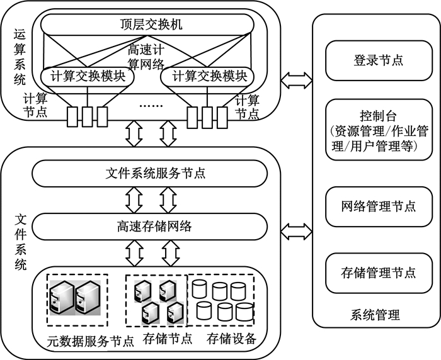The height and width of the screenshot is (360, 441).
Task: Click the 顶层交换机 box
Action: pyautogui.click(x=147, y=25)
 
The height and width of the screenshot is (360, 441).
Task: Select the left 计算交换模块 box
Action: pyautogui.click(x=88, y=76)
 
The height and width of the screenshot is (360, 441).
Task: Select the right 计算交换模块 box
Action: pyautogui.click(x=207, y=76)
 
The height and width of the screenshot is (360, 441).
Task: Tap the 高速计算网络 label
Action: pyautogui.click(x=146, y=57)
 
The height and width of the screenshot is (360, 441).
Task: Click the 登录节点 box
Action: pyautogui.click(x=379, y=60)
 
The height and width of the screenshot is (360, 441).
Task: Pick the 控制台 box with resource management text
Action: pyautogui.click(x=379, y=130)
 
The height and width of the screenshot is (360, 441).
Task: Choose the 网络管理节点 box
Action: pyautogui.click(x=379, y=206)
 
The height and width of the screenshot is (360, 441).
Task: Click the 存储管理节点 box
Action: pyautogui.click(x=379, y=273)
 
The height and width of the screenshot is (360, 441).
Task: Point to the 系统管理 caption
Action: pyautogui.click(x=375, y=315)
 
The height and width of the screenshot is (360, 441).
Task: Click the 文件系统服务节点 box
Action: pyautogui.click(x=149, y=174)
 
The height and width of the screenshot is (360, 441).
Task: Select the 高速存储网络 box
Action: pyautogui.click(x=149, y=227)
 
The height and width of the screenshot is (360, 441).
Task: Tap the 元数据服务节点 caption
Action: pyautogui.click(x=90, y=341)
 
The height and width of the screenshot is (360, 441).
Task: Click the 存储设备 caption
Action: pyautogui.click(x=231, y=339)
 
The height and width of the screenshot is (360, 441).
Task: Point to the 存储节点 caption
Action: pyautogui.click(x=168, y=339)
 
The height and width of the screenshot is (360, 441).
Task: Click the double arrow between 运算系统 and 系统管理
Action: pyautogui.click(x=297, y=81)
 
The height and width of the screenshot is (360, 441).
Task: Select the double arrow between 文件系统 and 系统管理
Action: pyautogui.click(x=297, y=232)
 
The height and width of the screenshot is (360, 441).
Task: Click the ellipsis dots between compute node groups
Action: pyautogui.click(x=151, y=106)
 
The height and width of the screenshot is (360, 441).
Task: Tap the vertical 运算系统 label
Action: pyautogui.click(x=20, y=57)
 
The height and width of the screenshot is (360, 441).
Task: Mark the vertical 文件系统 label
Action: pyautogui.click(x=21, y=242)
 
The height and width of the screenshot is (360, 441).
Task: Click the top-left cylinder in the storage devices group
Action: pyautogui.click(x=199, y=289)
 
